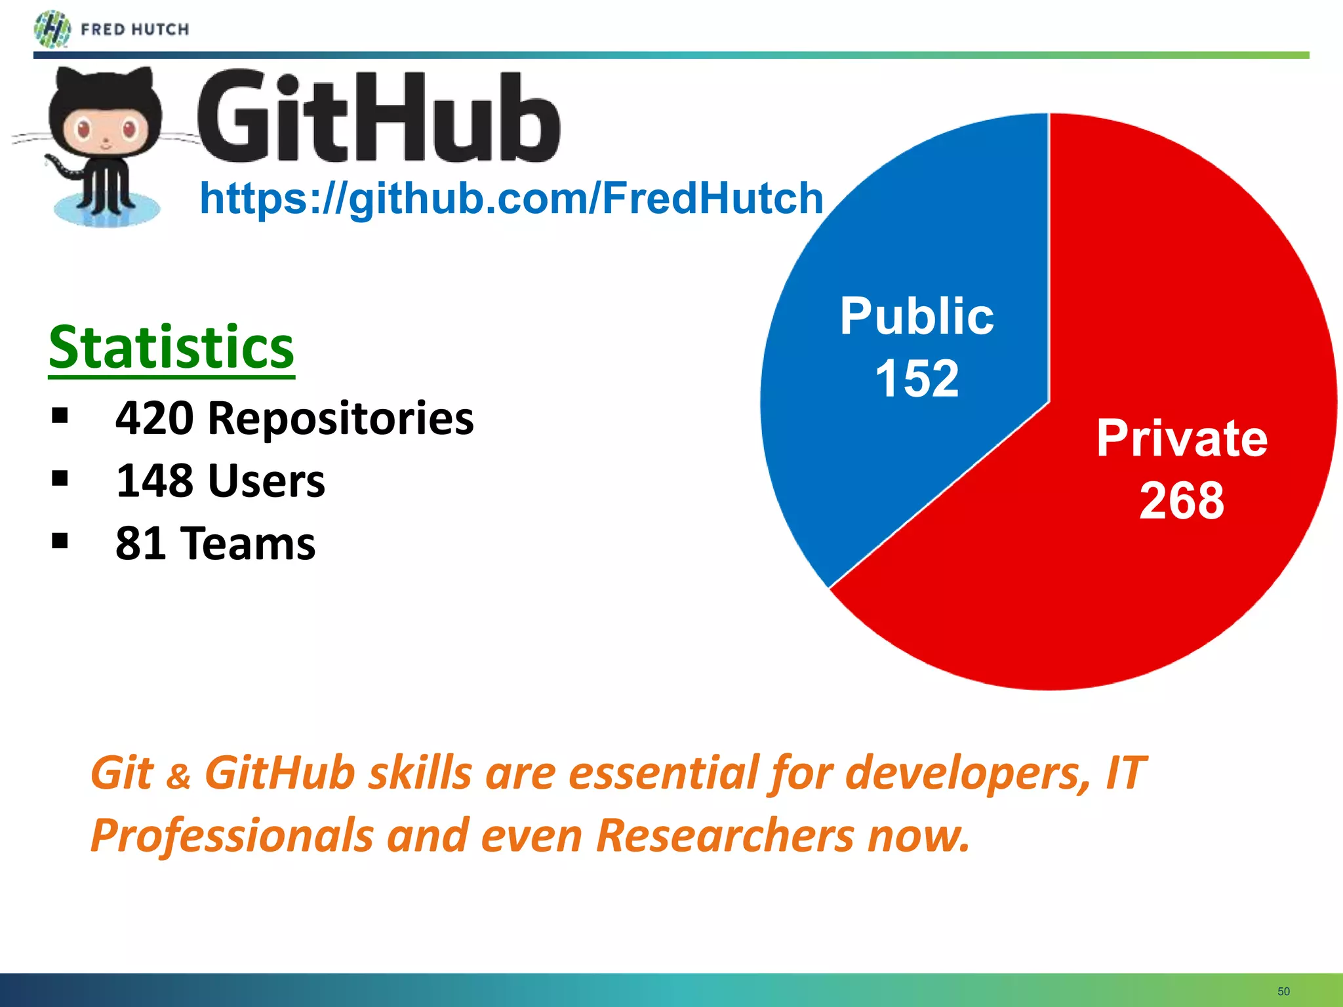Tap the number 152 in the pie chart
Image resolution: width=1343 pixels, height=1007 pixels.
[x=917, y=378]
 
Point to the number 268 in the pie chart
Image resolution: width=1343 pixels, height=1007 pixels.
[x=1182, y=501]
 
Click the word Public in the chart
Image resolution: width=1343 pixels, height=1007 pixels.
[x=917, y=316]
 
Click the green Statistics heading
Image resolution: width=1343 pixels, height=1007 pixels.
[x=171, y=347]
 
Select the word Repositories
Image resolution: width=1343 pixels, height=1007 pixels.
[x=340, y=418]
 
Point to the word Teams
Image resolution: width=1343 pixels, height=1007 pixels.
[x=249, y=543]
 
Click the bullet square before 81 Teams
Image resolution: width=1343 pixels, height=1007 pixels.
[x=60, y=541]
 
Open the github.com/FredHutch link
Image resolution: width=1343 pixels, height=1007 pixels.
[x=511, y=198]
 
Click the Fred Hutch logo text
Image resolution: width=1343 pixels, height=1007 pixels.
[x=134, y=30]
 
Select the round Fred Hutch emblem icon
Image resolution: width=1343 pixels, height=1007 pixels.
[x=52, y=30]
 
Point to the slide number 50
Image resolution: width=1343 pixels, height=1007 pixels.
[x=1283, y=991]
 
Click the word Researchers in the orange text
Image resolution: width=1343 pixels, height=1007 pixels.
[x=725, y=836]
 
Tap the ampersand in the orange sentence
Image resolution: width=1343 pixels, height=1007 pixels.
[x=178, y=777]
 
